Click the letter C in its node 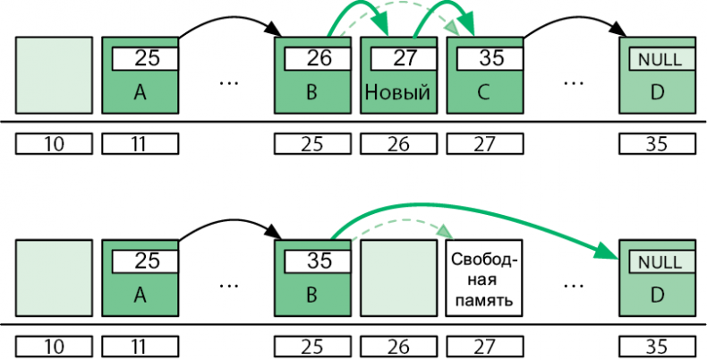(x=483, y=92)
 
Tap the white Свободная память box (x=483, y=279)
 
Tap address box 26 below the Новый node (x=397, y=142)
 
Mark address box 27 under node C (x=483, y=142)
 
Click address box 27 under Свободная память (x=483, y=347)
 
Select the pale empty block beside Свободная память (x=397, y=279)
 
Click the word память (x=483, y=300)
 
